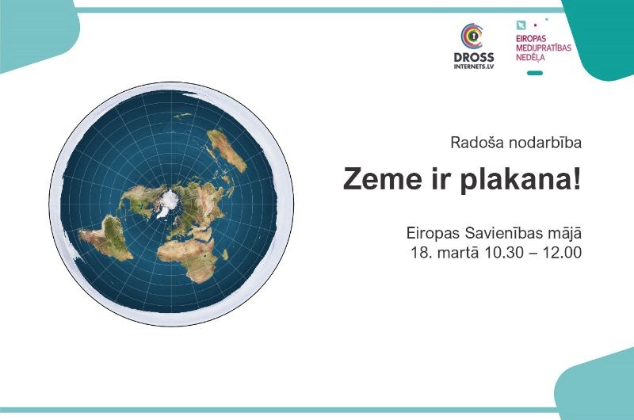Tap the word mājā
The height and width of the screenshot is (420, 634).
click(563, 235)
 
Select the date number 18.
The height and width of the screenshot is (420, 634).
click(418, 254)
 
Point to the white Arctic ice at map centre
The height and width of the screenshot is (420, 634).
click(166, 204)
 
